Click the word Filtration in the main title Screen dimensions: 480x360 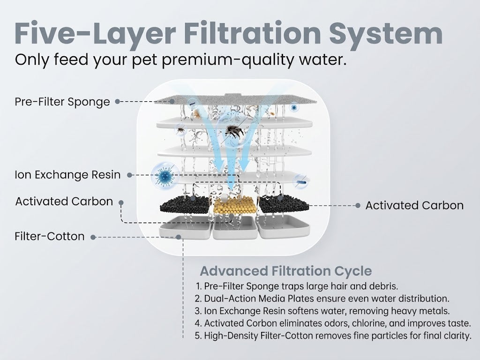[x=252, y=33]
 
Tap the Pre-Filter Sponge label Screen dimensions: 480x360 [x=62, y=102]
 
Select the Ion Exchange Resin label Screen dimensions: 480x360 [x=67, y=175]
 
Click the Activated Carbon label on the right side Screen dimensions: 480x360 [x=414, y=205]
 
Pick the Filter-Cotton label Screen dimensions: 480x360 [x=50, y=236]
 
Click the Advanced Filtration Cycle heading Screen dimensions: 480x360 [x=286, y=271]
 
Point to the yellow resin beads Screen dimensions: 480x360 [x=235, y=206]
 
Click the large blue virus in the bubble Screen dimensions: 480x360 [x=165, y=175]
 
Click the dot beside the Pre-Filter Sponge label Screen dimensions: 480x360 [x=117, y=102]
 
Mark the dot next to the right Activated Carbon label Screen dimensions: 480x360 [x=358, y=205]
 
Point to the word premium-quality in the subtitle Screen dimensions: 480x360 [x=227, y=60]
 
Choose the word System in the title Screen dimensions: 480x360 [x=386, y=33]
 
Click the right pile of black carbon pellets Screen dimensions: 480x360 [x=284, y=203]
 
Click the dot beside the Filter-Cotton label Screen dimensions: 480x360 [x=93, y=237]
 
